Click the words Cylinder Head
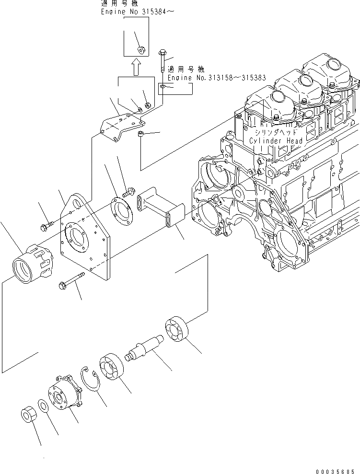276,141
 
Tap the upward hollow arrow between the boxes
136,67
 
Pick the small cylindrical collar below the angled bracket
141,134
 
